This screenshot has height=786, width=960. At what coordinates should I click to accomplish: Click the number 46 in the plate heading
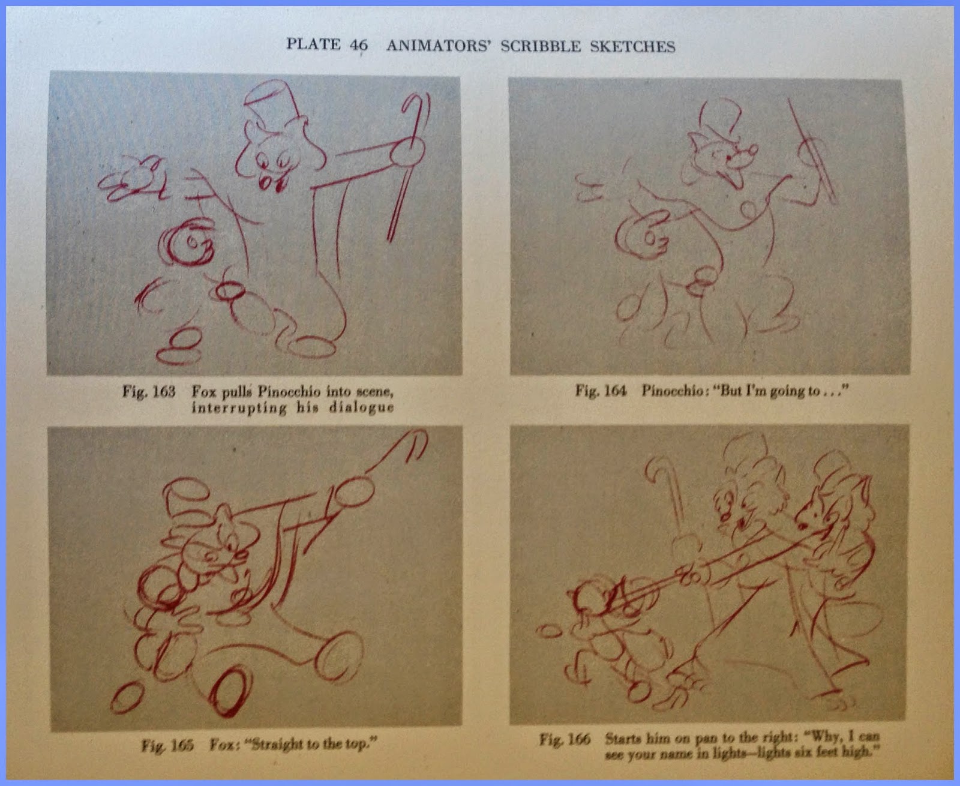(x=359, y=44)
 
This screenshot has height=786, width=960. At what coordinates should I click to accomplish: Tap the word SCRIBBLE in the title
(x=541, y=46)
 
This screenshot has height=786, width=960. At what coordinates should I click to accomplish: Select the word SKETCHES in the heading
(x=632, y=47)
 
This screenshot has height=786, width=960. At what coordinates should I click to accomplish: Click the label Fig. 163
(x=149, y=391)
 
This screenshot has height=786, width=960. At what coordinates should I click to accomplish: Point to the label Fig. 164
(x=601, y=390)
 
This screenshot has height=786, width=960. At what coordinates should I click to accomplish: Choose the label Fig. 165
(x=167, y=745)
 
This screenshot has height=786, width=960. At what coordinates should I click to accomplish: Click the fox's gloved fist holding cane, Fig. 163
(x=408, y=152)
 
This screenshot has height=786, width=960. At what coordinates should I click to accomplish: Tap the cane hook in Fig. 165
(x=414, y=444)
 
